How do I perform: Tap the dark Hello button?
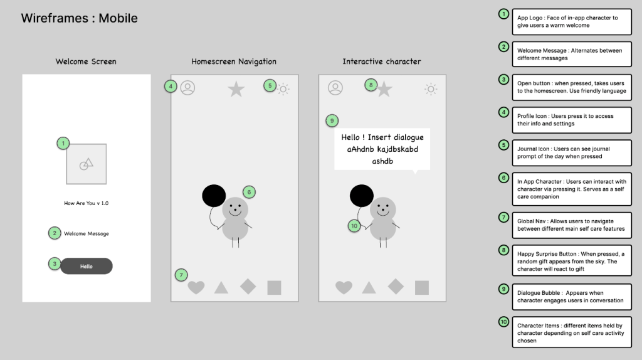tap(87, 266)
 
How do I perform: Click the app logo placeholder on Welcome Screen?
tap(87, 164)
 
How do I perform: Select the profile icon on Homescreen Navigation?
tap(187, 88)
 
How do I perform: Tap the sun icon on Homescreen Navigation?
tap(283, 89)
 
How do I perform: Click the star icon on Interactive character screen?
tap(384, 89)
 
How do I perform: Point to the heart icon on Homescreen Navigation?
tap(196, 287)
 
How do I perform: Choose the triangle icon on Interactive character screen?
tap(369, 287)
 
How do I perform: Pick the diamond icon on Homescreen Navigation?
tap(248, 286)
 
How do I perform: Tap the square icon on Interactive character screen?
tap(422, 287)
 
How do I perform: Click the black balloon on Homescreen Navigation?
tap(214, 196)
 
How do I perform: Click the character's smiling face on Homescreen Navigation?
tap(235, 209)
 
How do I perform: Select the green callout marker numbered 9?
tap(332, 121)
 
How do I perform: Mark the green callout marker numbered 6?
tap(249, 192)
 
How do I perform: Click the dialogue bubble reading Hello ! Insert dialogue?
tap(382, 149)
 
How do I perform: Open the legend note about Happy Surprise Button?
tap(572, 261)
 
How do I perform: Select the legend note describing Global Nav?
tap(572, 225)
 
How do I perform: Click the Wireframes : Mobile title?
tap(80, 18)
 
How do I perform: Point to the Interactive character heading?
tap(382, 61)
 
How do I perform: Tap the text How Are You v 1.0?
tap(87, 203)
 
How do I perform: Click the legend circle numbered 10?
tap(503, 322)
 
